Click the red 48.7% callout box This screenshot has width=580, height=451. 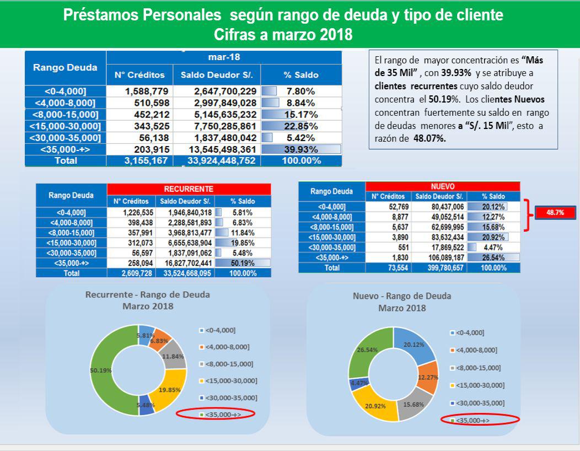[555, 212]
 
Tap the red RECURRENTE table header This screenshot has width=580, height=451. [189, 189]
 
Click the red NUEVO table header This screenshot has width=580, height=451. [442, 186]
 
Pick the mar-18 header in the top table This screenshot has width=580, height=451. [224, 57]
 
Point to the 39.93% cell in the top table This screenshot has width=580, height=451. [301, 149]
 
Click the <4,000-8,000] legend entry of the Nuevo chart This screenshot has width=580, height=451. [474, 350]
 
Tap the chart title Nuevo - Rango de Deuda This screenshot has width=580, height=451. [401, 296]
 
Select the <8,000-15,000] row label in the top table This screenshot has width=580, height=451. [66, 114]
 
